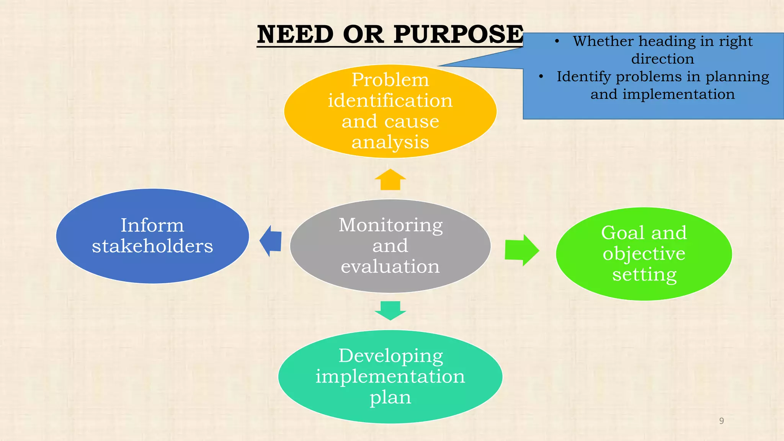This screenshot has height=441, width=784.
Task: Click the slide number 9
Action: tap(722, 421)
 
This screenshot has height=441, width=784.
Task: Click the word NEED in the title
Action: tap(295, 35)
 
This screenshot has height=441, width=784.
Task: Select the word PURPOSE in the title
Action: tap(458, 35)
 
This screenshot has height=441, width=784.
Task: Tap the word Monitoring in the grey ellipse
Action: tap(390, 225)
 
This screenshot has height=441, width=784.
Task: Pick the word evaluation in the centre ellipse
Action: tap(390, 266)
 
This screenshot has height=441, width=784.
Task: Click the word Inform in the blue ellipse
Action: tap(152, 225)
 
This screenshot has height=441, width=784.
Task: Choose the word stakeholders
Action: tap(152, 246)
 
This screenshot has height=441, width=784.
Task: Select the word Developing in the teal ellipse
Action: tap(390, 356)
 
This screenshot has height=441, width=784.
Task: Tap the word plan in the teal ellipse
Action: tap(390, 398)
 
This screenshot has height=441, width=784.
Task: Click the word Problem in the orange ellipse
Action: tap(390, 80)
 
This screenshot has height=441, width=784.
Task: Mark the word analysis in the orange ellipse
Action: tap(390, 142)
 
